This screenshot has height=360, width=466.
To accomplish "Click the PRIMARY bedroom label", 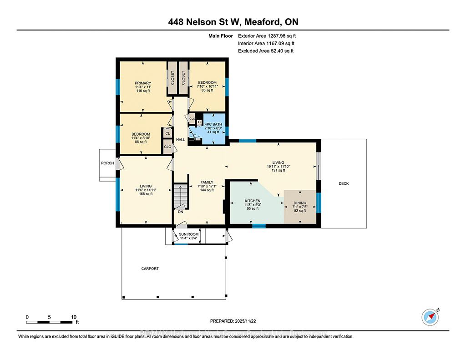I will coord(143,83).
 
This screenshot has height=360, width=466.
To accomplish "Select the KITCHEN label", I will coord(253,201).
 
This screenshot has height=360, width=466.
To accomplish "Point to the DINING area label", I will coord(300,203).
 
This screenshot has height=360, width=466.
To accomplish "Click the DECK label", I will coord(344,183).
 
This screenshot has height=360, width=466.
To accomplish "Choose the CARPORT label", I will coord(150,269).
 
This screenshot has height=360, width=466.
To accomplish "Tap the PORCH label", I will coord(107,163).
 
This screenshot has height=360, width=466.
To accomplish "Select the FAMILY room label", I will coord(207,183).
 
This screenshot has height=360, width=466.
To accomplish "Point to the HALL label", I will coord(181,140).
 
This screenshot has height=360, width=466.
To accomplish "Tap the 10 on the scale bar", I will coord(73,317).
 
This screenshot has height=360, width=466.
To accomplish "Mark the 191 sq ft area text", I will coord(279,171).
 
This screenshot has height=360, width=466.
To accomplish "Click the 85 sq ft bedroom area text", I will coord(207,90).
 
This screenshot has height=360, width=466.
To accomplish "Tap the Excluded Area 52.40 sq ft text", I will coord(266,51).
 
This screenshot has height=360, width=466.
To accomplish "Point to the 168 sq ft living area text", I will coord(146,194).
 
